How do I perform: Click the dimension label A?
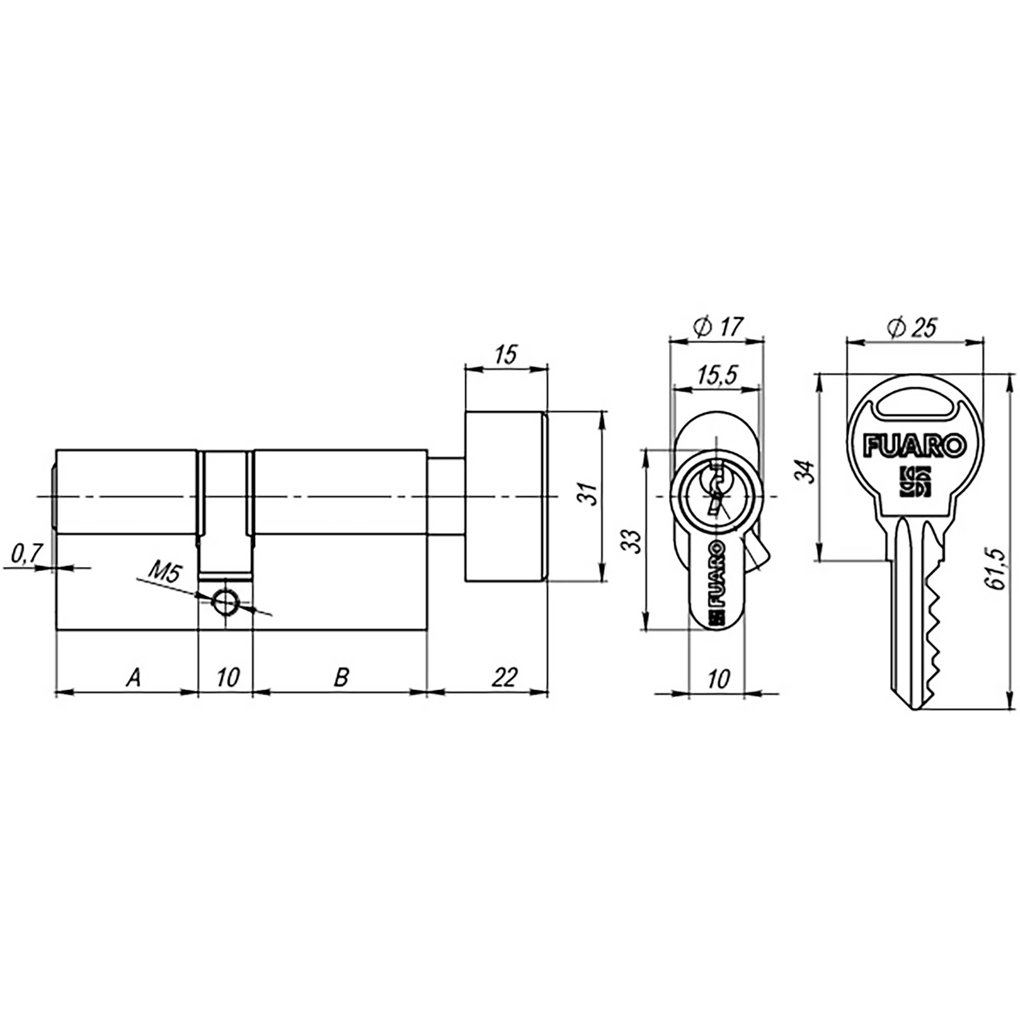click(x=134, y=677)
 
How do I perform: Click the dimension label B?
click(x=342, y=677)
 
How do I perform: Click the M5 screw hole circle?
click(x=225, y=602)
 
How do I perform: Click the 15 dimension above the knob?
click(x=505, y=355)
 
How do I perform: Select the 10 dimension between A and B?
click(x=227, y=677)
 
